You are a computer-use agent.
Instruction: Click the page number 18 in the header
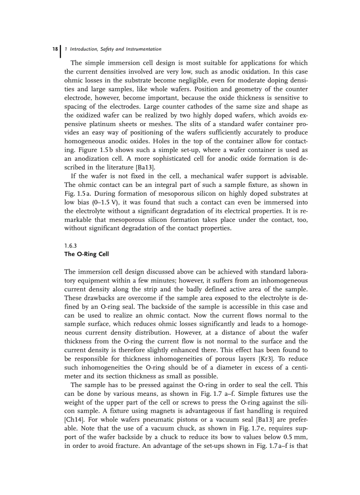tap(54, 49)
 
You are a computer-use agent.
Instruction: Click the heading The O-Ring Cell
tap(86, 254)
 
